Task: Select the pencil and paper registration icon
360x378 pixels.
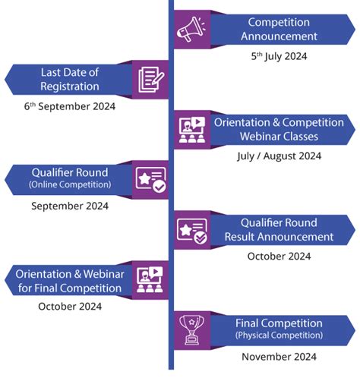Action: coord(151,80)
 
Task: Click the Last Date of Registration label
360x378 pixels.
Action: coord(70,80)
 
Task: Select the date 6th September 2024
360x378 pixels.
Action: coord(69,106)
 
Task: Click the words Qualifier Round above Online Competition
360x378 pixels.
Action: coord(70,172)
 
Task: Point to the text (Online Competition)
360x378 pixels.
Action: coord(70,184)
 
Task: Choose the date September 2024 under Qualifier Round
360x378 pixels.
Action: coord(70,206)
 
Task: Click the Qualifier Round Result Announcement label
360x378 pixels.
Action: coord(279,229)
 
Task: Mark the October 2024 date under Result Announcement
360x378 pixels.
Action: coord(279,256)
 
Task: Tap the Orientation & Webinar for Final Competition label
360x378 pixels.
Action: coord(68,280)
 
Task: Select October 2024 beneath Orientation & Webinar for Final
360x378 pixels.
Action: coord(70,307)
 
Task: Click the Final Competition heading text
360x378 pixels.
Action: coord(279,323)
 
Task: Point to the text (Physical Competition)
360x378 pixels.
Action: coord(279,335)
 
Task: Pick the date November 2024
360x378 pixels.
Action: coord(279,356)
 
